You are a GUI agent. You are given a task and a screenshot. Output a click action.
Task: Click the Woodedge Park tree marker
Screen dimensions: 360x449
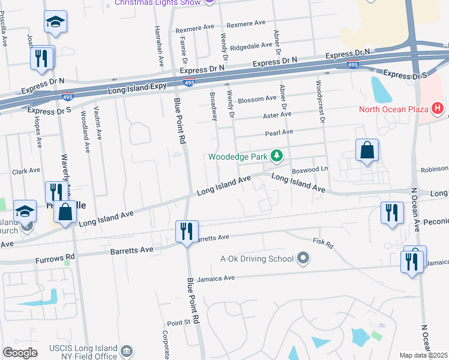pos(276,157)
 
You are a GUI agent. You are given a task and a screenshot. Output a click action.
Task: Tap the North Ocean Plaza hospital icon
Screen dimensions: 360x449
pos(438,109)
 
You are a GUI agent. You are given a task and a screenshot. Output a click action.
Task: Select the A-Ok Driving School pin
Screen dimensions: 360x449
pos(304,259)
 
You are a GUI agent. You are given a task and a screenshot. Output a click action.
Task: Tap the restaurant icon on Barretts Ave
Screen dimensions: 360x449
pos(186,231)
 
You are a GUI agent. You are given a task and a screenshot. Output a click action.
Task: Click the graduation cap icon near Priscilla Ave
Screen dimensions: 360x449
pos(55,22)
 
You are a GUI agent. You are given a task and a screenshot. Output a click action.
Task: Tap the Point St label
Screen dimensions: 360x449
pos(178,323)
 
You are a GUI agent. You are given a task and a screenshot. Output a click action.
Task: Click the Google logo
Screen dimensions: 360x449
pos(20,352)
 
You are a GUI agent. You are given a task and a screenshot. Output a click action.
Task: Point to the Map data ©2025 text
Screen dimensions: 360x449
pos(423,355)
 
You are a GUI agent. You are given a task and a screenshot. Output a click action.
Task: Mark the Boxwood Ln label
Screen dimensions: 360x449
pos(310,170)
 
